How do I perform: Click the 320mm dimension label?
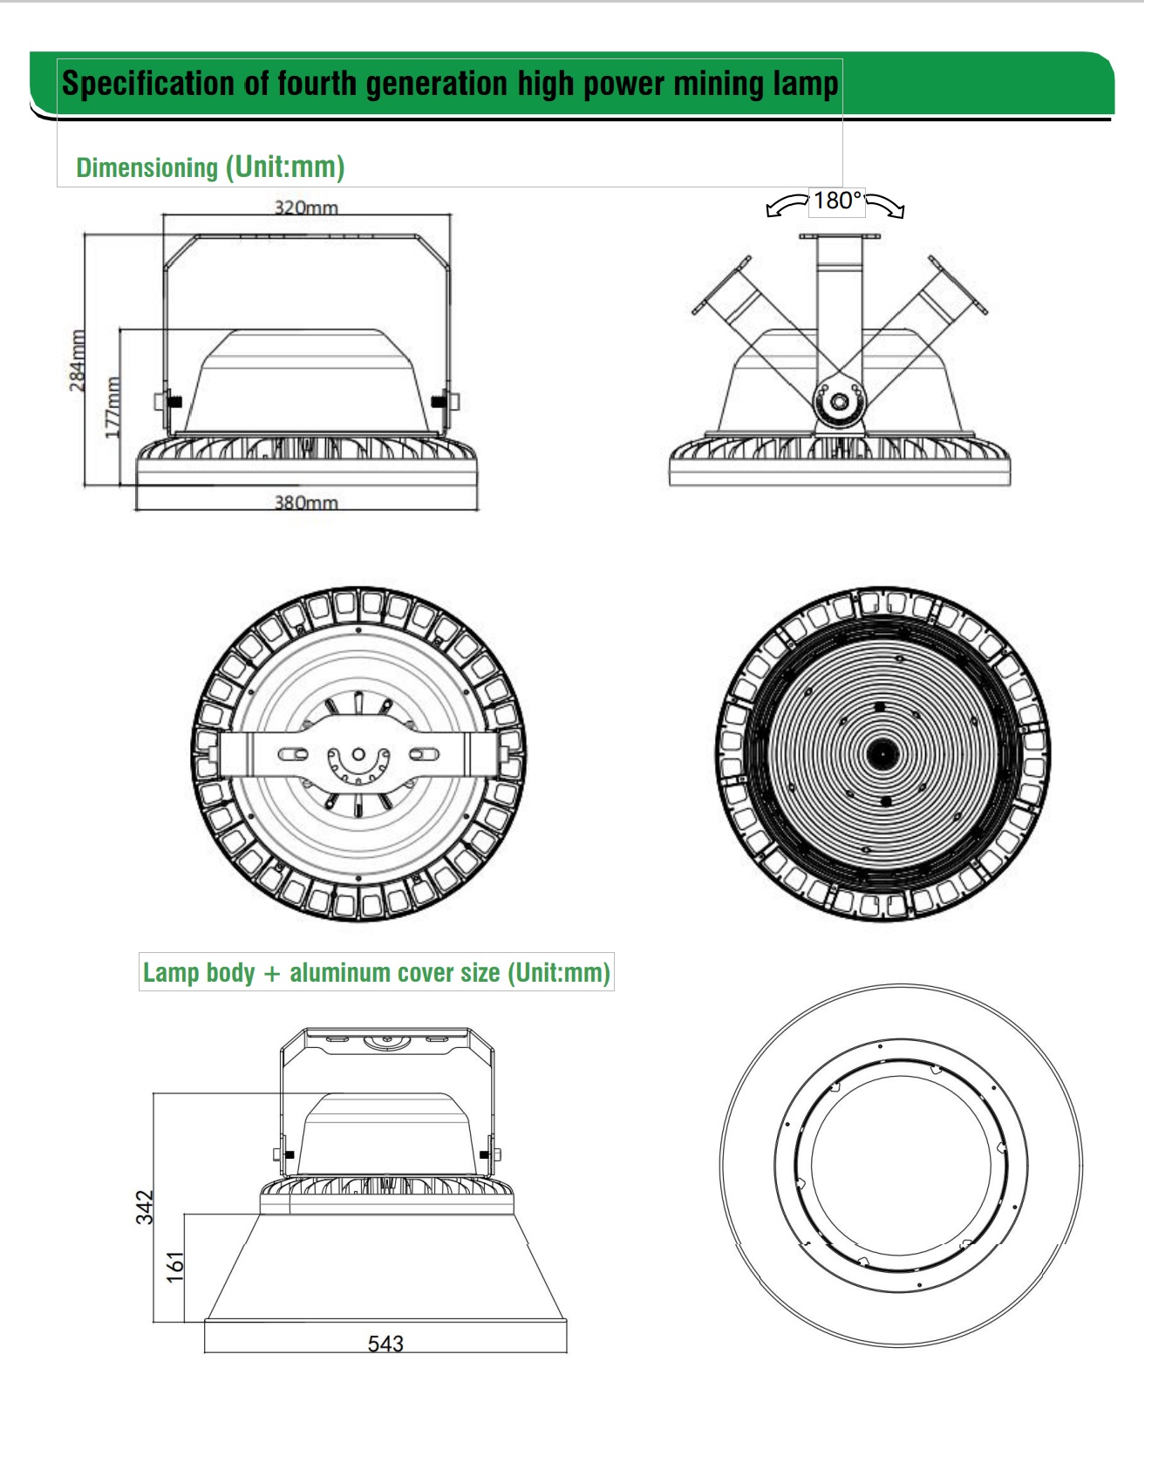click(x=306, y=208)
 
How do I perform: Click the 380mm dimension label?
click(x=306, y=503)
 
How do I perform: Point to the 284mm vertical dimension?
click(x=78, y=359)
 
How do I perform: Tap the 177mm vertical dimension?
click(x=112, y=406)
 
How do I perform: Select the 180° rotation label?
click(x=837, y=201)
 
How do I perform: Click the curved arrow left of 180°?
click(x=787, y=206)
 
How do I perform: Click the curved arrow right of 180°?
click(x=886, y=206)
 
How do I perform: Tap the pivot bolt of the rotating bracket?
click(x=839, y=402)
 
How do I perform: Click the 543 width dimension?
click(x=385, y=1344)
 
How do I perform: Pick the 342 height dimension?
click(x=145, y=1207)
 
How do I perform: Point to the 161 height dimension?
click(x=175, y=1267)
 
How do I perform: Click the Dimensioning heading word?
click(x=146, y=167)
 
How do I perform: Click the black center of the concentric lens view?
click(x=882, y=752)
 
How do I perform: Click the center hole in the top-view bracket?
click(x=358, y=753)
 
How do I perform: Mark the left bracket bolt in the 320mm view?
click(x=168, y=402)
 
